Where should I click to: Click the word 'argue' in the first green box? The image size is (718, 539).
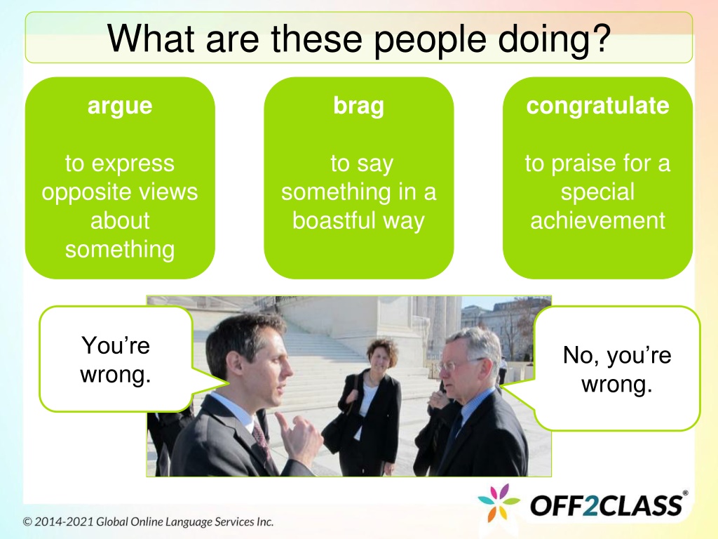point(120,107)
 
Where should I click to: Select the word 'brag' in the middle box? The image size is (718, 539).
point(358,107)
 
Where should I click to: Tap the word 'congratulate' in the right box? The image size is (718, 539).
point(597,107)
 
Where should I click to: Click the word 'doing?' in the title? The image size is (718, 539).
point(555,39)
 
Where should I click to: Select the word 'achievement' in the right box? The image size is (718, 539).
point(597,220)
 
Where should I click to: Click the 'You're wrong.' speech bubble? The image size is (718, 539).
point(116,359)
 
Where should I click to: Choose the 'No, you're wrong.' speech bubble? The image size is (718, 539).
point(617,369)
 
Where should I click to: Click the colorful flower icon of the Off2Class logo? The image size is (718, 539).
point(499,503)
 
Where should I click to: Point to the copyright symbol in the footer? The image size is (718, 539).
point(28,522)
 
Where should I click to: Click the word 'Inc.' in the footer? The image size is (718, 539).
point(264,521)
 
